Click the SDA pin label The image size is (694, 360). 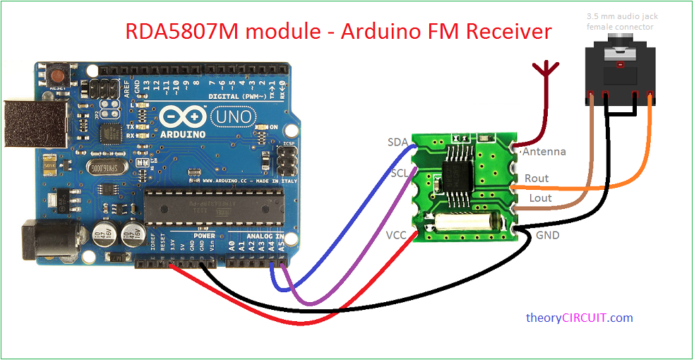tap(397, 143)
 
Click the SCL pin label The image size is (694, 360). tap(398, 174)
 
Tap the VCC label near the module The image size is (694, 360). tap(397, 234)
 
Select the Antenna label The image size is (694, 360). tap(544, 152)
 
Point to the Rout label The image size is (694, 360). tap(537, 179)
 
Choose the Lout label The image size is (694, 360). tap(540, 198)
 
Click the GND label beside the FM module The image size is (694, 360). tap(548, 235)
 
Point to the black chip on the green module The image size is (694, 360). tap(459, 171)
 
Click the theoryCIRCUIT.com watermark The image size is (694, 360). tap(580, 318)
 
